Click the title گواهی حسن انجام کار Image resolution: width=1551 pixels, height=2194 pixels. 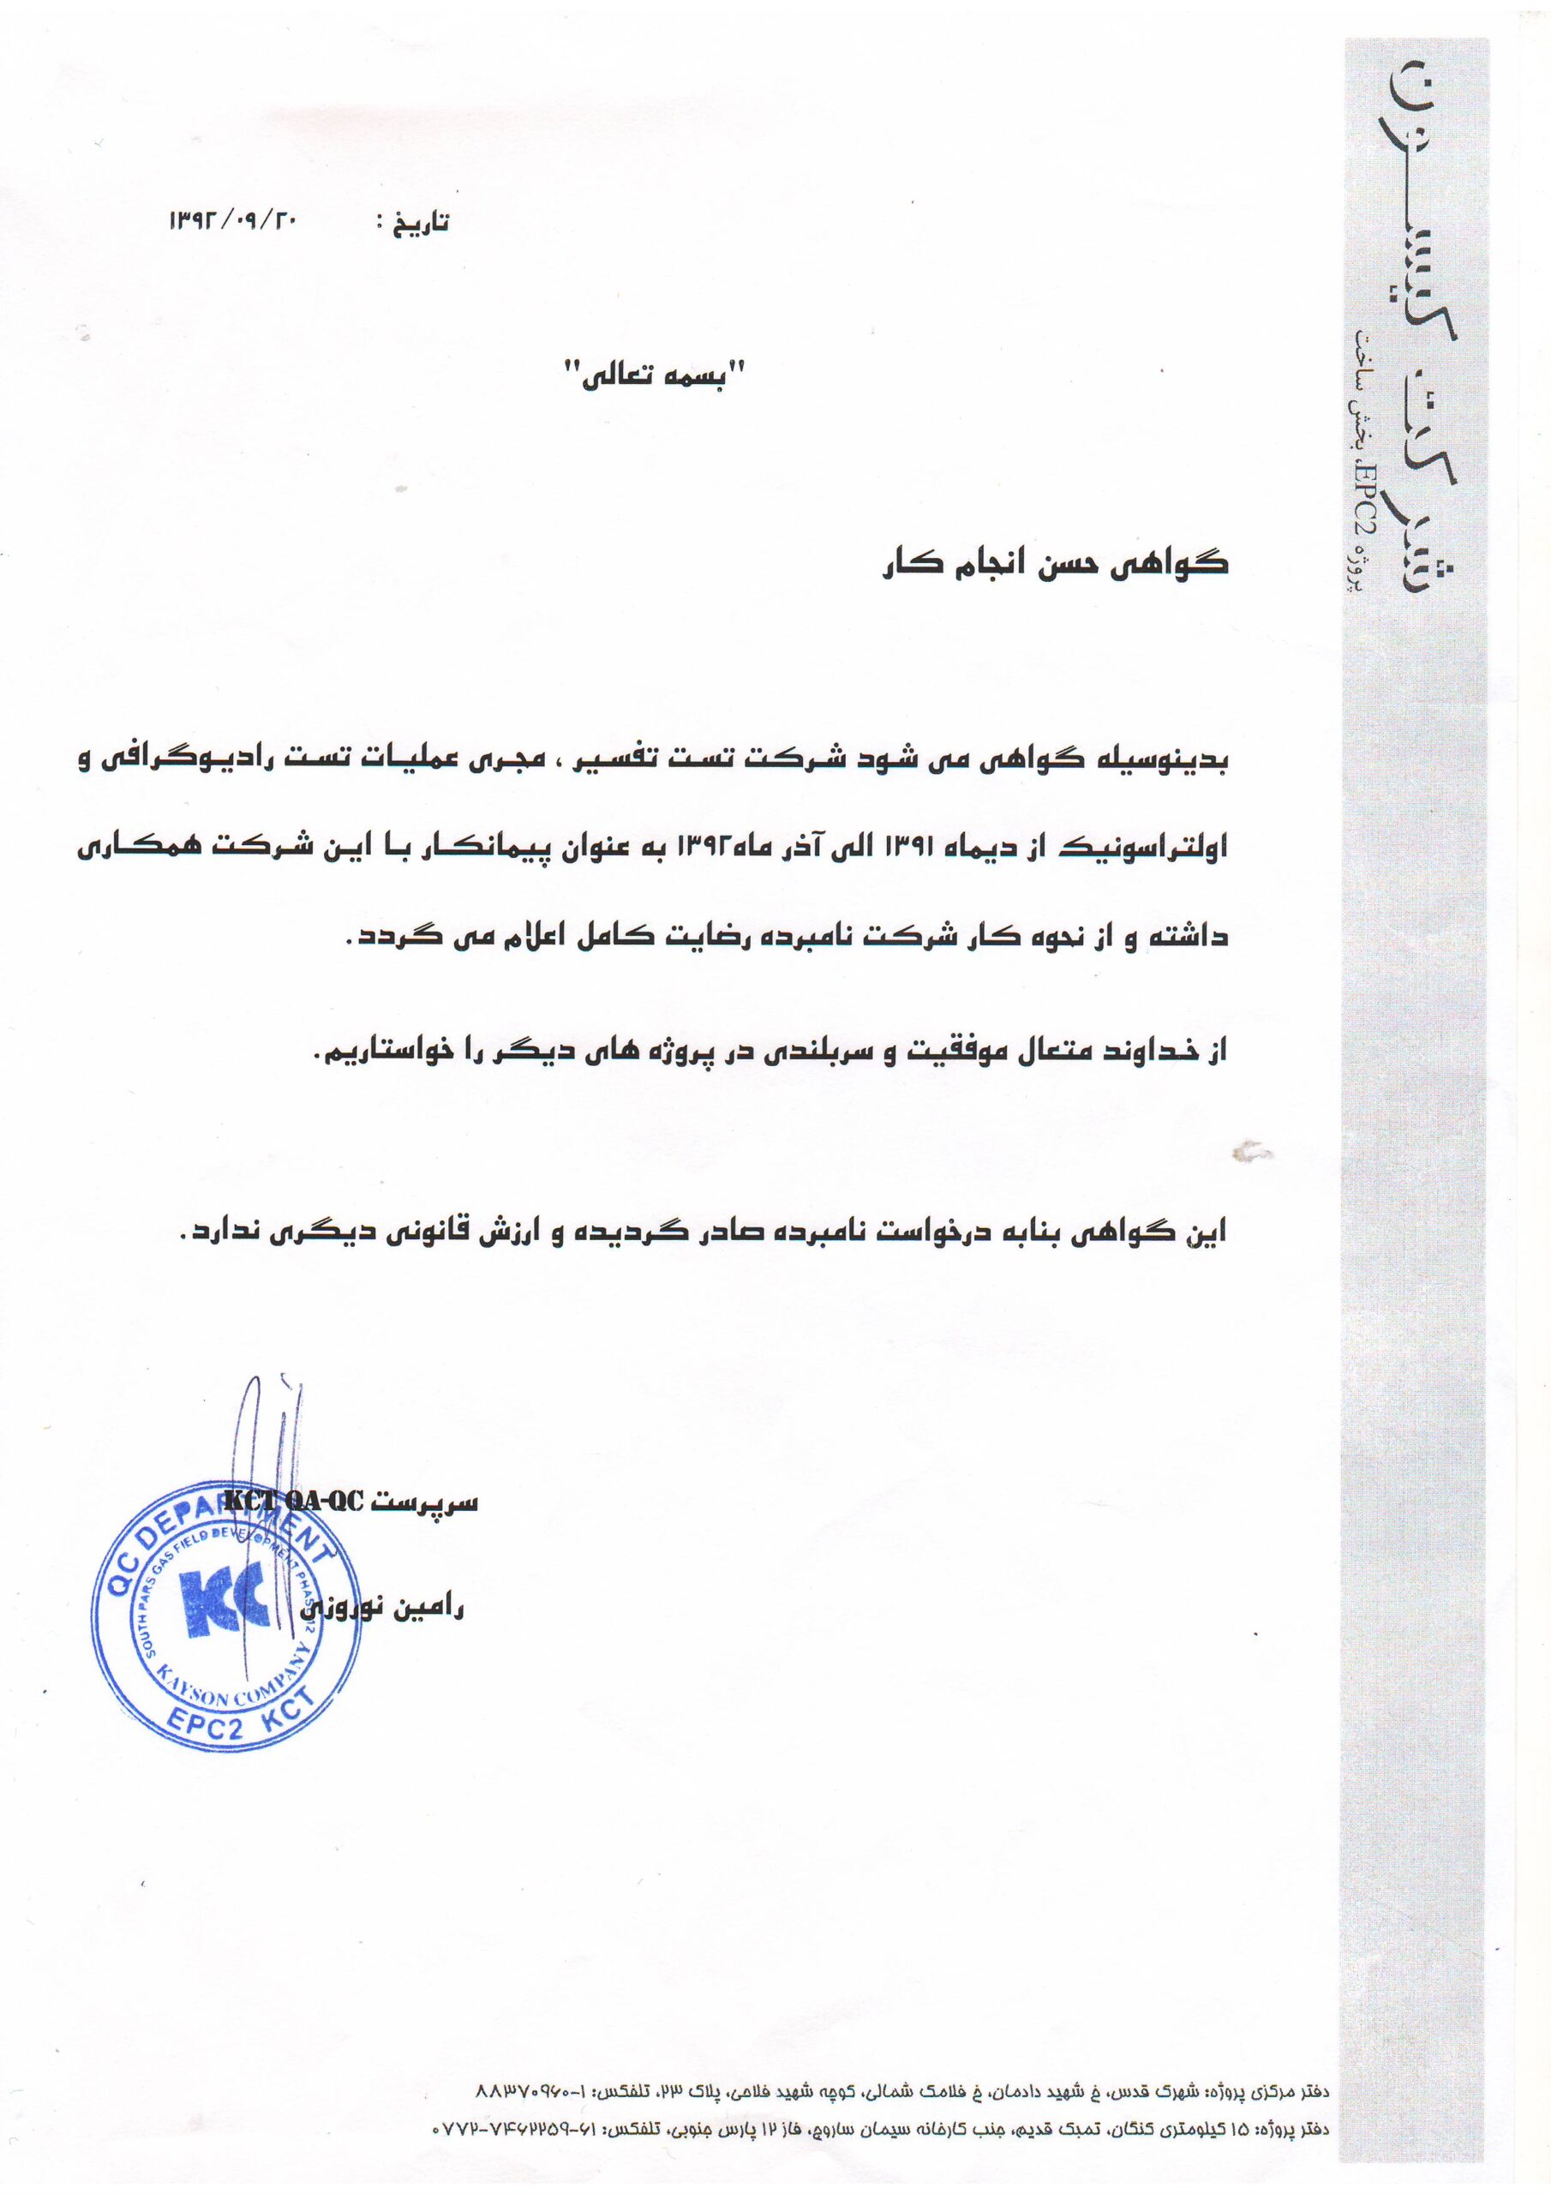[1054, 565]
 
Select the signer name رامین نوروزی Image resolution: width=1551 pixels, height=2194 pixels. [382, 1610]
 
